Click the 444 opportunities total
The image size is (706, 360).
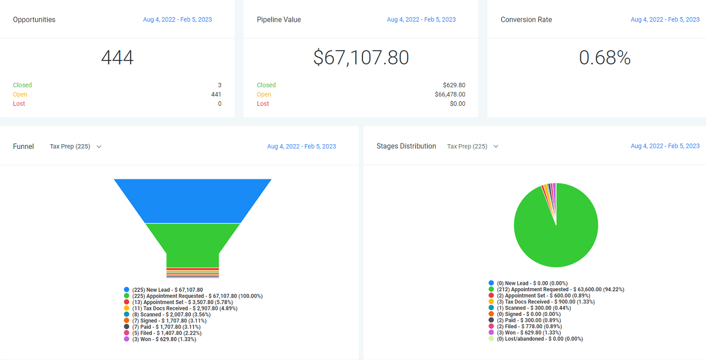(x=117, y=58)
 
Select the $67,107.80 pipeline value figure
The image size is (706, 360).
(x=361, y=58)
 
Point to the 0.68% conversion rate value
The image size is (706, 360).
(x=605, y=58)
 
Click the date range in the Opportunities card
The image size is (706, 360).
(x=177, y=19)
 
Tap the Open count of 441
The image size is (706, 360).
(x=216, y=94)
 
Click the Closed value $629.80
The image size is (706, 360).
(x=454, y=85)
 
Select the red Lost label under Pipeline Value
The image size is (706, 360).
(x=263, y=104)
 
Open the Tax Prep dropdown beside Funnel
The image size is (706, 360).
(x=75, y=146)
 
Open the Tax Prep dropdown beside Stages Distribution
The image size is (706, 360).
(x=472, y=146)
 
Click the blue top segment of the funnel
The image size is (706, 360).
(x=192, y=201)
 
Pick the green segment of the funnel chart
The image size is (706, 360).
(x=192, y=241)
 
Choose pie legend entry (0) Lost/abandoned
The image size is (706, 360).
(x=540, y=339)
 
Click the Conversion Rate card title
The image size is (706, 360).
(x=526, y=19)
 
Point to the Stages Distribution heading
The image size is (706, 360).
(x=406, y=146)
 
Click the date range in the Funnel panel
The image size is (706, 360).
(x=301, y=146)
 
